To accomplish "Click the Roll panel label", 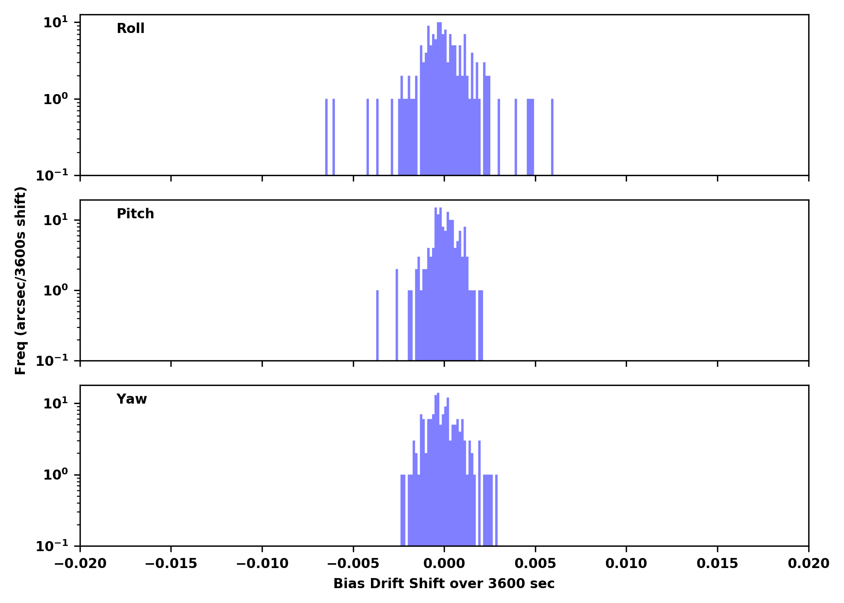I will coord(130,29).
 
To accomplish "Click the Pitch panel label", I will coord(135,214).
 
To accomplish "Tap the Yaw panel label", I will coord(131,399).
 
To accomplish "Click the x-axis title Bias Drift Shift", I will coord(444,583).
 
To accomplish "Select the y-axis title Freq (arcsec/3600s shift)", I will coord(20,281).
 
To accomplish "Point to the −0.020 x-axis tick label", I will coord(80,564).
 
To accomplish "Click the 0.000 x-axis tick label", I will coord(444,564).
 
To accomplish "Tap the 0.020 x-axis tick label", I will coord(808,564).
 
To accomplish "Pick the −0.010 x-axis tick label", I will coord(262,564).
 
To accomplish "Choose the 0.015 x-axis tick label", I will coord(717,564).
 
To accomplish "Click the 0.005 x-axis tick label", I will coord(535,564).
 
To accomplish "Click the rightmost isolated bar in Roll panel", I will coord(552,137).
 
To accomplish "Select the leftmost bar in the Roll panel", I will coord(326,137).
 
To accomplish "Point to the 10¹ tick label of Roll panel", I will coord(55,23).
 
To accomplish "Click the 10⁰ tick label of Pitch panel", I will coord(55,291).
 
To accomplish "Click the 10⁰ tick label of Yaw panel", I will coord(55,475).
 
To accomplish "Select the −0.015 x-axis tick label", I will coord(171,564).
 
